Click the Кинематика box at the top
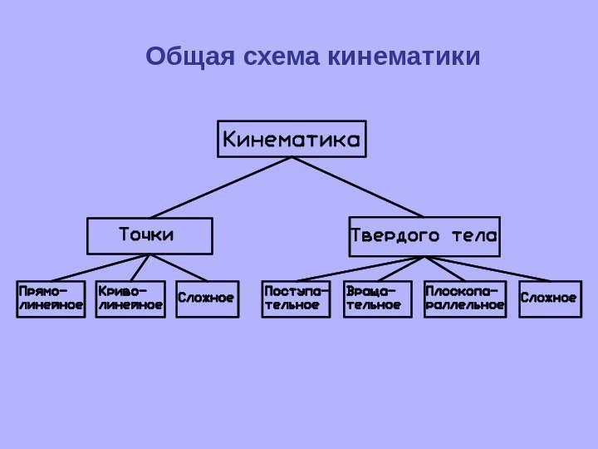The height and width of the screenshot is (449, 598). [292, 140]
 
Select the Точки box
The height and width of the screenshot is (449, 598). [149, 235]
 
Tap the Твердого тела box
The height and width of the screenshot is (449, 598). [424, 236]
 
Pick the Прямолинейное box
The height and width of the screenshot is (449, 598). [51, 299]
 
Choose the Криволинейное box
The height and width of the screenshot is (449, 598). [130, 299]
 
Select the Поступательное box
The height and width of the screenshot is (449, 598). [296, 299]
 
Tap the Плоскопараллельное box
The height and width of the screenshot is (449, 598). [465, 299]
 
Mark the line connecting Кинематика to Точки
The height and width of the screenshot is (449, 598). [220, 187]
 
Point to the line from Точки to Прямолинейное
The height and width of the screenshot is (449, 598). [100, 268]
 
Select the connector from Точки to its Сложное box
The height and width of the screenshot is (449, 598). [179, 268]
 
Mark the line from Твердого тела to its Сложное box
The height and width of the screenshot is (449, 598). [486, 269]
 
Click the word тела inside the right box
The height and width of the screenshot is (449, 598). [473, 236]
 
